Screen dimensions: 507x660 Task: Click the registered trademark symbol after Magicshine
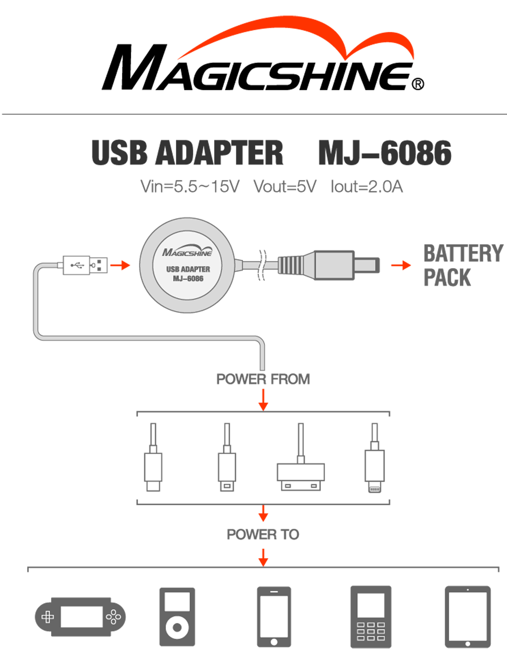coord(418,84)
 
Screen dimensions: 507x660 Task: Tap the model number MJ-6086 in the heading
coord(385,153)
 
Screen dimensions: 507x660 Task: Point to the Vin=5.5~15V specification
coord(190,186)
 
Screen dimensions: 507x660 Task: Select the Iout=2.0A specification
coord(367,186)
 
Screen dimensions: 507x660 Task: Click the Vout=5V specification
coord(285,186)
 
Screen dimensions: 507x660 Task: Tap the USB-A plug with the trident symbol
coord(85,265)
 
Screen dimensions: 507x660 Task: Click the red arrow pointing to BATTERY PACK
coord(401,265)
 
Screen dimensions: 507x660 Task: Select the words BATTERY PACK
coord(463,265)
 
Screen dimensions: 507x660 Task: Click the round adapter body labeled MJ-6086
coord(187,265)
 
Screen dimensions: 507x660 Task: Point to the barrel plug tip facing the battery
coord(367,265)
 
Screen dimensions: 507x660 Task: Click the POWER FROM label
coord(263,379)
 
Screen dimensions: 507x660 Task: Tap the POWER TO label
coord(263,534)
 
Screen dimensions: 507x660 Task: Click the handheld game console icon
coord(80,617)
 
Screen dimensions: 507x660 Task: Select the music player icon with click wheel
coord(177,617)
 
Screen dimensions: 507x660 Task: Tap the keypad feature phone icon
coord(371,617)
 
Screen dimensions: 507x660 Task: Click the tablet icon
coord(468,617)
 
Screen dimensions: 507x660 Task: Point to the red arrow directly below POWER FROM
coord(263,400)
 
